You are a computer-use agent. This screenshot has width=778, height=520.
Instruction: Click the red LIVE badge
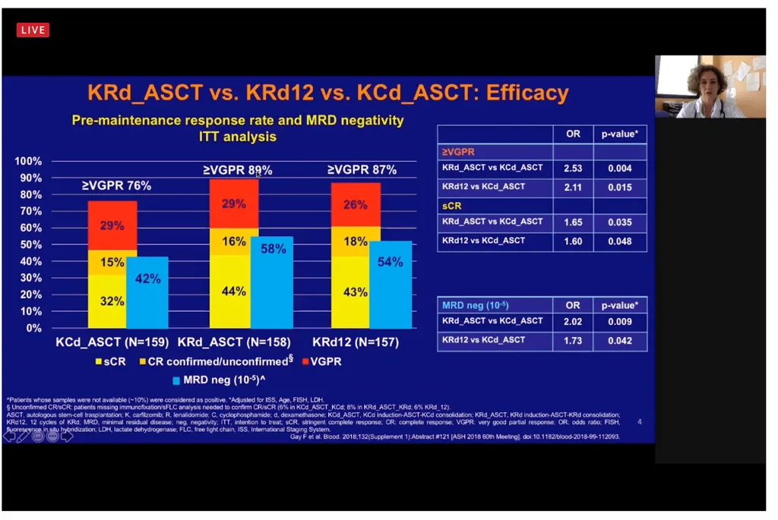33,30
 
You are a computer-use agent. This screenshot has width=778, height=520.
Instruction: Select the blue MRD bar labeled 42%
148,292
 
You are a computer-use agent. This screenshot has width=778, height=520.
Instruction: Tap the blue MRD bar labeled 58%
271,282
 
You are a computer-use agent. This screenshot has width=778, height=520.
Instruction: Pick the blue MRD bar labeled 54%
391,285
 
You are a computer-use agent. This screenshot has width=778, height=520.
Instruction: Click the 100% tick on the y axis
28,162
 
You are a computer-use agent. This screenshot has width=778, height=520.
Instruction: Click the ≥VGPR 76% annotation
116,185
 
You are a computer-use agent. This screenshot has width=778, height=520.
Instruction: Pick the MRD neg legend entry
214,380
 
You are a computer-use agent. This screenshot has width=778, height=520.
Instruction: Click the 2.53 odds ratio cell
573,169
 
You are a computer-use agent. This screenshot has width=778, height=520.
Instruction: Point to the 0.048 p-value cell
620,241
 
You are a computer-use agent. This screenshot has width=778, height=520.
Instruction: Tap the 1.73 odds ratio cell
573,341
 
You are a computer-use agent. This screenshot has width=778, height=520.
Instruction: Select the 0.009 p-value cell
620,321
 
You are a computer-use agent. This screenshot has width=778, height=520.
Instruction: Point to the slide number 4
639,421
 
